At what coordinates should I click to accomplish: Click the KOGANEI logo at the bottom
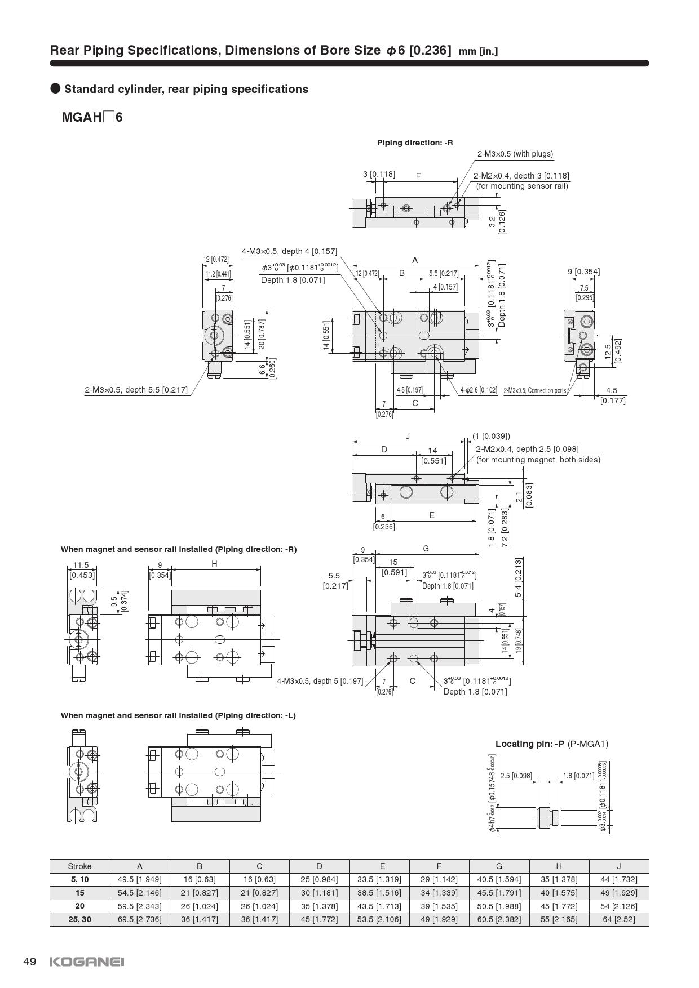[87, 962]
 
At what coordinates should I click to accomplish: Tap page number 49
[29, 962]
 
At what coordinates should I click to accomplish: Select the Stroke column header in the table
[79, 866]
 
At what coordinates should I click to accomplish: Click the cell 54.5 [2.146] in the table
[140, 893]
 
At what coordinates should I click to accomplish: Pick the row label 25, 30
[79, 919]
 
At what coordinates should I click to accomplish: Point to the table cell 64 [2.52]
[618, 919]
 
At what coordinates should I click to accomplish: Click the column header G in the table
[499, 866]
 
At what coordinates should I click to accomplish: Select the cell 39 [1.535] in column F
[439, 906]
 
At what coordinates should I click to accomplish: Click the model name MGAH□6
[92, 118]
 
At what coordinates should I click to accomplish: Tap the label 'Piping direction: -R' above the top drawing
[415, 143]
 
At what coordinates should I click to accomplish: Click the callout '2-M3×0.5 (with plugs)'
[515, 154]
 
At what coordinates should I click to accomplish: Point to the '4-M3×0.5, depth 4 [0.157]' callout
[289, 251]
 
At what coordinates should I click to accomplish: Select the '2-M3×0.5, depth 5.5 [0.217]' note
[136, 390]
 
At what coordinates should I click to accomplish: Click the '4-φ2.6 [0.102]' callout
[479, 390]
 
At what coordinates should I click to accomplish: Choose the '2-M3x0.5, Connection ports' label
[534, 390]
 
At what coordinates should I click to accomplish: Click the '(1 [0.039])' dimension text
[491, 436]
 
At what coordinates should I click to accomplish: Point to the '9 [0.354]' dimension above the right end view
[583, 272]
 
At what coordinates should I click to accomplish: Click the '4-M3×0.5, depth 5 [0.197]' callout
[320, 681]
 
